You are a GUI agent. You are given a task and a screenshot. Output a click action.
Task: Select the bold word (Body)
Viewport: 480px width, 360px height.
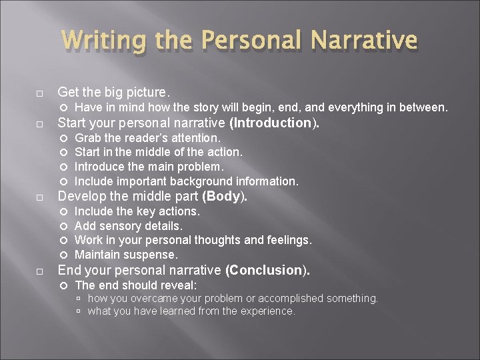225,197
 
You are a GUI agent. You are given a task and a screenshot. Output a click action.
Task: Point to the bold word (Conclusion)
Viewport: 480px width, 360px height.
267,270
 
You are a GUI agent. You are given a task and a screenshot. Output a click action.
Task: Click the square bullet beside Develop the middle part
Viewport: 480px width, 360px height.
41,197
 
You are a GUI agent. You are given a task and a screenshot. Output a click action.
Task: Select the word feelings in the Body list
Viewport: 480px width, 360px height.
288,240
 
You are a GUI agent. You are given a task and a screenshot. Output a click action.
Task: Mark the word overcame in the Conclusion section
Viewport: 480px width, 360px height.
155,298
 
